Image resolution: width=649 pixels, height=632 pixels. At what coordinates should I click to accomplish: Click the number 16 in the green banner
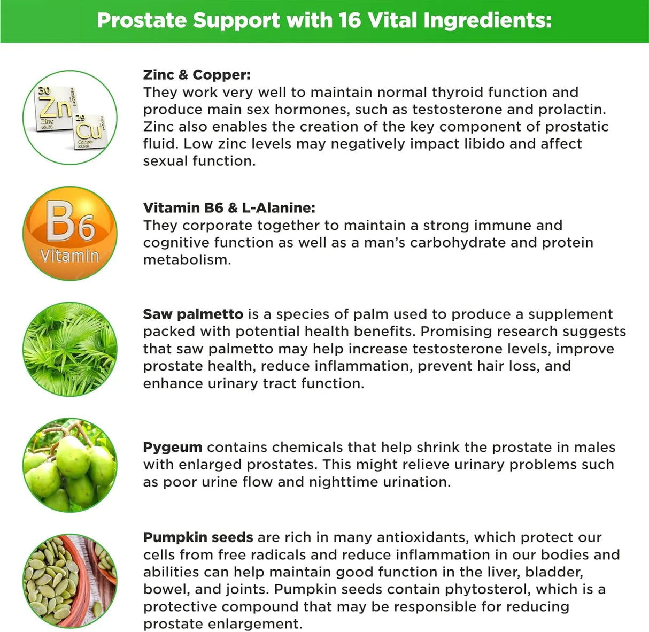(x=350, y=20)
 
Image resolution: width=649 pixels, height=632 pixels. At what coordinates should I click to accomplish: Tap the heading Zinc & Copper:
(x=196, y=75)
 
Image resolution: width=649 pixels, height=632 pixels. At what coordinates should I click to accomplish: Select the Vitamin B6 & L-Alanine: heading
(x=229, y=208)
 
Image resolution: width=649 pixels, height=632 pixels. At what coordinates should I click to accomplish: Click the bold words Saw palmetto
(x=193, y=314)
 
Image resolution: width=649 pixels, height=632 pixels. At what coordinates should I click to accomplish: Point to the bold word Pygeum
(x=173, y=447)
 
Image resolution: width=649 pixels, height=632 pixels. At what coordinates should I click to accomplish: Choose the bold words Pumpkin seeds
(x=198, y=537)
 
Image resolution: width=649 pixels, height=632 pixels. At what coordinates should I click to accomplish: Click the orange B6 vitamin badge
(x=70, y=233)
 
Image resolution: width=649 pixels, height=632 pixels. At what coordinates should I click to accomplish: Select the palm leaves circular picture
(x=70, y=349)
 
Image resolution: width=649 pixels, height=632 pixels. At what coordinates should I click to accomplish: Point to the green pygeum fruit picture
(x=70, y=465)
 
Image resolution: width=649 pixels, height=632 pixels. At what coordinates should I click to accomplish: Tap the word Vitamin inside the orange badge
(x=70, y=256)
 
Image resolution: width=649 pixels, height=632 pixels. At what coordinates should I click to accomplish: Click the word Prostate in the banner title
(x=142, y=20)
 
